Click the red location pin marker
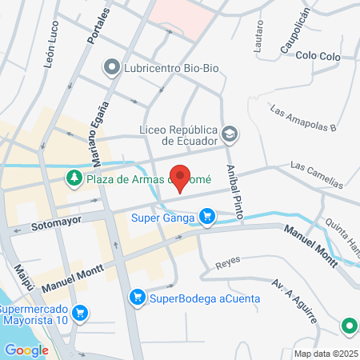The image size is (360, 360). pos(181,178)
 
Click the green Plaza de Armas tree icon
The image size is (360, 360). pos(74,177)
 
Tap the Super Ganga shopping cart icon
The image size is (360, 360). pos(207,215)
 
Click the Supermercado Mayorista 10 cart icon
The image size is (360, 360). pos(78,314)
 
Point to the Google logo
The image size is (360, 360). pos(26,350)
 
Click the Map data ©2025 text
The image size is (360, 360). pos(325,354)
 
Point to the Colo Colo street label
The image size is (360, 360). pos(318,56)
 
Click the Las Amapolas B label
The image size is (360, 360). pos(303,117)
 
